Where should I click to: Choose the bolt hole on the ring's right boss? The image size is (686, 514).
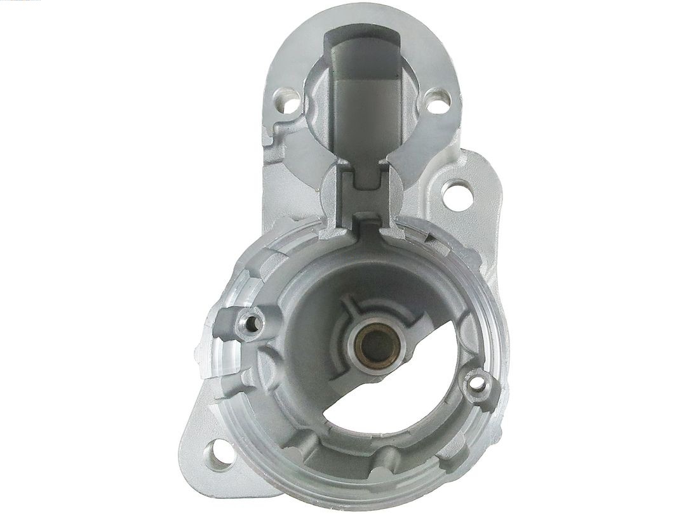coord(476,383)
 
